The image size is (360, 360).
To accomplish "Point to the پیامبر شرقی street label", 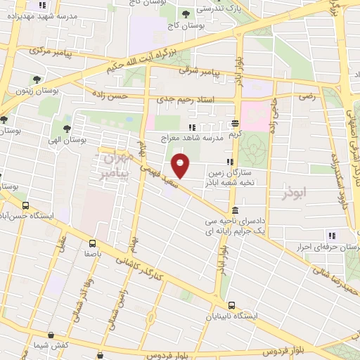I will click(214, 72).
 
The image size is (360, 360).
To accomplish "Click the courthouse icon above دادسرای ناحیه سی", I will click(234, 210).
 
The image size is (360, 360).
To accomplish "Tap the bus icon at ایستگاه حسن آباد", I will click(26, 206).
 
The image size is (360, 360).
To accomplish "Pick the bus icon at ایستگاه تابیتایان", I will click(232, 306).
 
